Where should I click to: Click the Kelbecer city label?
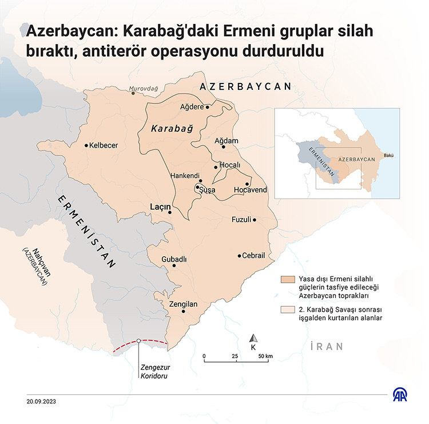coord(104,145)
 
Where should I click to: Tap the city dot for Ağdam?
coord(224,147)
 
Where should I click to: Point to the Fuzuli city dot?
coord(255,220)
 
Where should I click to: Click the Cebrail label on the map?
coord(253,256)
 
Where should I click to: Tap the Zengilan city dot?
coord(184,312)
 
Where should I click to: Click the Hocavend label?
coord(251,190)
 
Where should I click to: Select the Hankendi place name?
coord(185,176)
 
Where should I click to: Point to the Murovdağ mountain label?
coord(143,89)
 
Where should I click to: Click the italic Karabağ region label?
coord(171,129)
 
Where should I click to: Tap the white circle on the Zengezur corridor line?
coord(139,341)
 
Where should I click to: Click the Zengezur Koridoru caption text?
coord(155,371)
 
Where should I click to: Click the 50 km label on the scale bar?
coord(265,356)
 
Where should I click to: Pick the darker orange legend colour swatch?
coord(286,280)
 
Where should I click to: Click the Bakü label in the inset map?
coord(389,155)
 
